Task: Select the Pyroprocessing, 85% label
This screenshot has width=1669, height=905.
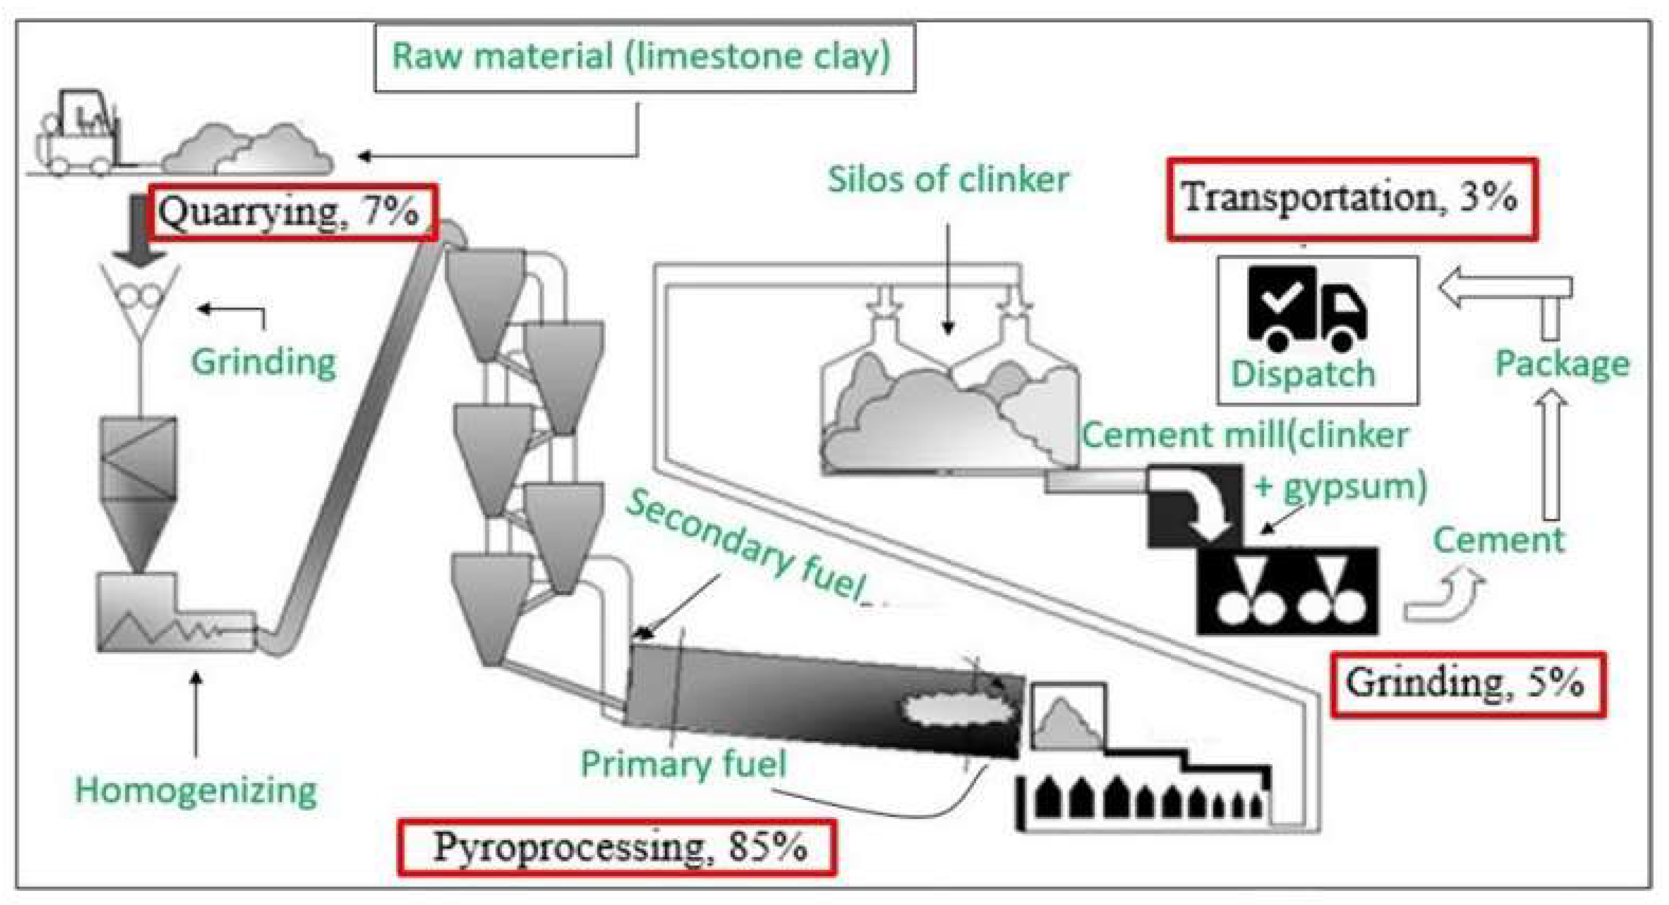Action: tap(617, 847)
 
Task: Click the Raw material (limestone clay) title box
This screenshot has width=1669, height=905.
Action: tap(644, 58)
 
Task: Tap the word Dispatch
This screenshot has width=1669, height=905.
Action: tap(1302, 374)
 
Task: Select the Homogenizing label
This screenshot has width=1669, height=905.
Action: tap(196, 791)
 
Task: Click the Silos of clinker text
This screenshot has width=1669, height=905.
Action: tap(948, 179)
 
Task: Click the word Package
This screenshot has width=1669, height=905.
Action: tap(1561, 363)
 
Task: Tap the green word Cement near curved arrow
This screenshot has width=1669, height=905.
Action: tap(1498, 540)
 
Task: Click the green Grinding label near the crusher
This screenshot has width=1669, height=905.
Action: tap(263, 362)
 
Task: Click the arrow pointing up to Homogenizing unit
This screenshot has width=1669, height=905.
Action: tap(196, 712)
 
